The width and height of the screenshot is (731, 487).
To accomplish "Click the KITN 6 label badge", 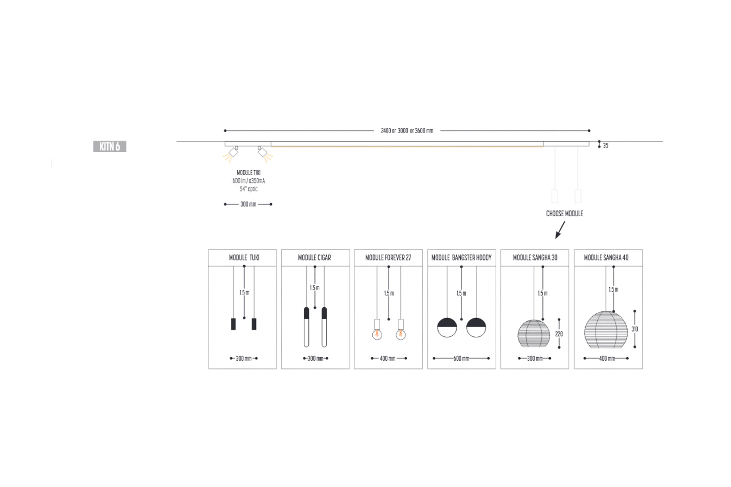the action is pos(110,147).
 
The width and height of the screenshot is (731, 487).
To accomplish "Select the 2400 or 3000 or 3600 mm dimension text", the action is pos(407,131).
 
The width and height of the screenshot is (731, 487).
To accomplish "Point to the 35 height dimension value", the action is pos(606,145).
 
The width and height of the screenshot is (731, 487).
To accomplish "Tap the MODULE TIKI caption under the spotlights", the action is pos(249,172).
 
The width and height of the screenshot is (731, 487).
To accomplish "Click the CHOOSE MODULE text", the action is pos(565,214).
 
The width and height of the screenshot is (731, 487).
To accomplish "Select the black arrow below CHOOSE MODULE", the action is pos(560,230).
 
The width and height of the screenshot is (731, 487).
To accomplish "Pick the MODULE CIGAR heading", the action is pos(315,258).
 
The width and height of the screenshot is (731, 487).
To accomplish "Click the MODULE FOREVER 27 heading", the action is pos(388,258).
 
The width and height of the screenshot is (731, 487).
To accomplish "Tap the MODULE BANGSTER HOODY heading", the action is pos(461,258).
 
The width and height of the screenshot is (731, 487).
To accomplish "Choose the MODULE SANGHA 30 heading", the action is pos(535,258).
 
